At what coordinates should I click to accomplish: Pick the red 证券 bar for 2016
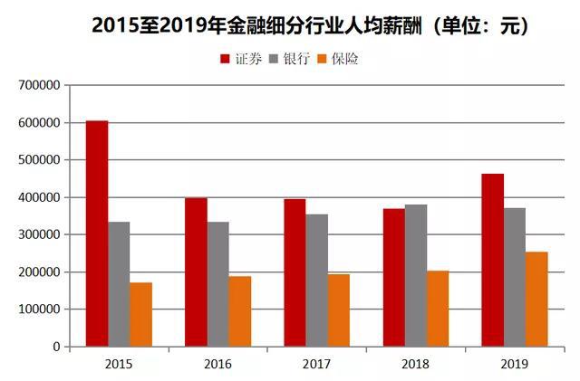196,271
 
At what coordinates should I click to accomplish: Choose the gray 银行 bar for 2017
317,281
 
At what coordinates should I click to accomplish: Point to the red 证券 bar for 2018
393,277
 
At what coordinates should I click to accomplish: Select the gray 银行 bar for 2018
416,275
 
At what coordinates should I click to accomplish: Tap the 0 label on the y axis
56,347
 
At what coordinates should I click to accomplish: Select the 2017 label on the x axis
316,363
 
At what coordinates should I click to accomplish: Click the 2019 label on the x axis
515,363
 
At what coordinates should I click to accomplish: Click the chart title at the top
309,26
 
